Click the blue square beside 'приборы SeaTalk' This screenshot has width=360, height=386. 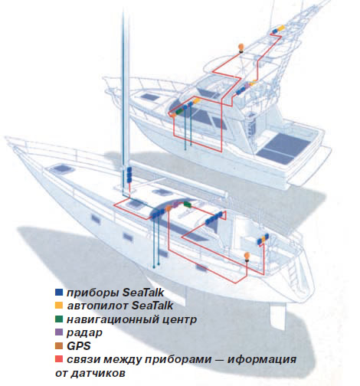59,293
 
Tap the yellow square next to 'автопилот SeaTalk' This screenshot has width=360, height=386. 59,306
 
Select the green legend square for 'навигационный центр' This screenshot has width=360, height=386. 59,319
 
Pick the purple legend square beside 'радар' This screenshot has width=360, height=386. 59,332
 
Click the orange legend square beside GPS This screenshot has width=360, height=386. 59,345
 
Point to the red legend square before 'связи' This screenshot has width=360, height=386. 59,359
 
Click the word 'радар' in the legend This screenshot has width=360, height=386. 84,333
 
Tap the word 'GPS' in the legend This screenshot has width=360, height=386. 79,346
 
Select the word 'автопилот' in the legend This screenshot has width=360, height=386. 97,306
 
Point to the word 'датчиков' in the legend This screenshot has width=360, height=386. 98,373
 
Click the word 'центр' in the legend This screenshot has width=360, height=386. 179,319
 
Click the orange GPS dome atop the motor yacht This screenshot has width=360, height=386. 241,47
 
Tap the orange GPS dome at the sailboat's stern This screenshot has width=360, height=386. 247,256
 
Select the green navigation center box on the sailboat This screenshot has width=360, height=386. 188,204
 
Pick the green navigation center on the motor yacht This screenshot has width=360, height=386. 179,110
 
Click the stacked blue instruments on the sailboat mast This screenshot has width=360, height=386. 129,175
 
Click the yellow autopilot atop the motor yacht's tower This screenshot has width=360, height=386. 280,28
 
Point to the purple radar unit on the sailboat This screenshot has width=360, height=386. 175,204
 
